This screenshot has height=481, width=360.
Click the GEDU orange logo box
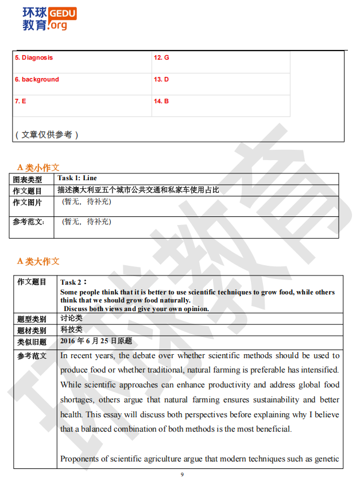coord(63,13)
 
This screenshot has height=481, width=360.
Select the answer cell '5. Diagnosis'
coord(34,58)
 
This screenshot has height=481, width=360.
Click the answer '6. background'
coord(37,80)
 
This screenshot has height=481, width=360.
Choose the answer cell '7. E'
coord(21,101)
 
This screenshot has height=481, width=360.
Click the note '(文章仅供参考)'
coord(46,134)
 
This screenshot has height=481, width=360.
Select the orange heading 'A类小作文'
coord(38,168)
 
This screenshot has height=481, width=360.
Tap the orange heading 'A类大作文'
coord(38,261)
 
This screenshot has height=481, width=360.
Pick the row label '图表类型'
coord(28,180)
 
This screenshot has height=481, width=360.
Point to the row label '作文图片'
coord(28,202)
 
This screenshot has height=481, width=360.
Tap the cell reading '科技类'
coord(71,329)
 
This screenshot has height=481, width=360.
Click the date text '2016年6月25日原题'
coord(96,341)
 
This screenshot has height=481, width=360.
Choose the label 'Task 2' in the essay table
coord(72,282)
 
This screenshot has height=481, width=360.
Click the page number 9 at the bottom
coord(182,475)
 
